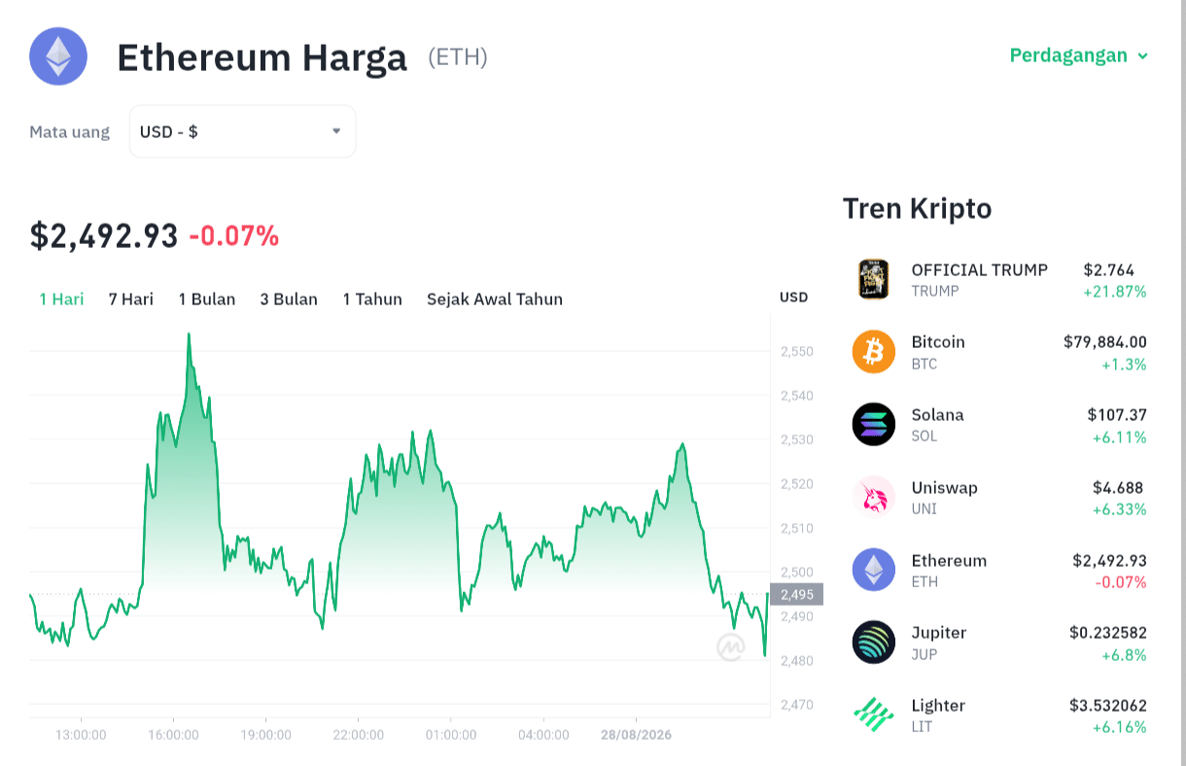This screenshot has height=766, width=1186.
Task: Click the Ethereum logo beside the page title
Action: point(58,56)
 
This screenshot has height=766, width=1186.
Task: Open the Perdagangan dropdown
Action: point(1078,55)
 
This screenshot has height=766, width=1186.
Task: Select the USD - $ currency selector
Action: point(242,131)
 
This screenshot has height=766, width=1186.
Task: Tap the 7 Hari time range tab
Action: point(131,299)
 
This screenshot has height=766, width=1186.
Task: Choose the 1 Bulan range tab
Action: point(207,299)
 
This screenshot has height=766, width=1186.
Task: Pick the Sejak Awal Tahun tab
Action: point(495,299)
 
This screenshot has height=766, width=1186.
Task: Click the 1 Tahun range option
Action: point(372,299)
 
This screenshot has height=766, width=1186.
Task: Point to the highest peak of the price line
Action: point(189,334)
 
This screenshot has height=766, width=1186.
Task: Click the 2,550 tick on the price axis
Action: point(797,351)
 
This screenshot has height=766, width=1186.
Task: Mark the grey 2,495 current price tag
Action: point(796,594)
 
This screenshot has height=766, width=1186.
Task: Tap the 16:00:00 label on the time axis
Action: point(173,735)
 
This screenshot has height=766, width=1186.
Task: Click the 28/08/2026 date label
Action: point(636,735)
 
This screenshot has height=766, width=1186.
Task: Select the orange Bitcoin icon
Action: point(874,352)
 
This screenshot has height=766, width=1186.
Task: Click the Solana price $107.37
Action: point(1117,414)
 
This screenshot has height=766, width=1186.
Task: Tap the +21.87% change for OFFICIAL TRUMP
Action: point(1114,292)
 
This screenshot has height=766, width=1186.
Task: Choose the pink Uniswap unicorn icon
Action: point(874,497)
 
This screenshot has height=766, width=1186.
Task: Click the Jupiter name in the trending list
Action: point(939,633)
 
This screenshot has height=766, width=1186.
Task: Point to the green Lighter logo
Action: point(874,714)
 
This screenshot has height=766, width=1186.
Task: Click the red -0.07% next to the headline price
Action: point(234,236)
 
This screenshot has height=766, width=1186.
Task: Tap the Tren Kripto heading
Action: point(917,209)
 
